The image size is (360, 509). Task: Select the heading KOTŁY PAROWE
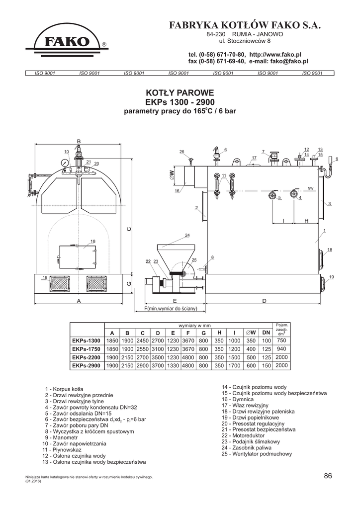pyautogui.click(x=180, y=92)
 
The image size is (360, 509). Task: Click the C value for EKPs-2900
pyautogui.click(x=143, y=365)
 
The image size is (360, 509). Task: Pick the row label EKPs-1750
pyautogui.click(x=87, y=349)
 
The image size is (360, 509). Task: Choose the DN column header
pyautogui.click(x=266, y=333)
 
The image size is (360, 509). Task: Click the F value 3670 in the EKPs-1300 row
pyautogui.click(x=188, y=341)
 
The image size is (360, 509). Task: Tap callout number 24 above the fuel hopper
pyautogui.click(x=187, y=235)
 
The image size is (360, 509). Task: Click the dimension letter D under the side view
pyautogui.click(x=264, y=301)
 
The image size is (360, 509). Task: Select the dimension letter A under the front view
pyautogui.click(x=79, y=301)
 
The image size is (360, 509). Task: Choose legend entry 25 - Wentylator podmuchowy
pyautogui.click(x=257, y=454)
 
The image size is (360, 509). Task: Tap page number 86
pyautogui.click(x=328, y=476)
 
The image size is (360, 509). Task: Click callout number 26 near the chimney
pyautogui.click(x=182, y=152)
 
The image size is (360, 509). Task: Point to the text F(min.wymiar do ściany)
pyautogui.click(x=171, y=308)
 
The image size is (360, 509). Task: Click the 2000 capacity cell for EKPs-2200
pyautogui.click(x=281, y=357)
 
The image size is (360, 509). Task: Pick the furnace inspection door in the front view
pyautogui.click(x=77, y=257)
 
